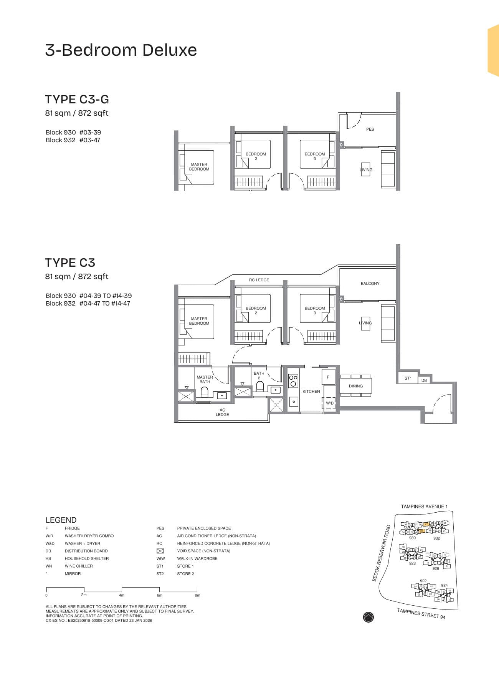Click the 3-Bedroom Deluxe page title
tap(121, 50)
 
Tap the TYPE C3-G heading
tap(77, 100)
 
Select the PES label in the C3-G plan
tap(370, 130)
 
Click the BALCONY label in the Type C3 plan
tap(370, 284)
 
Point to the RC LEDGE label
tap(259, 280)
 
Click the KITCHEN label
tap(311, 392)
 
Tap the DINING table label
tap(356, 386)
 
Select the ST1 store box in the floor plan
tap(408, 378)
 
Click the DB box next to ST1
tap(424, 380)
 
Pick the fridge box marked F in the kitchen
tap(328, 377)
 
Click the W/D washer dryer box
tap(330, 403)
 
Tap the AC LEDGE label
tap(222, 412)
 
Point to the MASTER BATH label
tap(205, 380)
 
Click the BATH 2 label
tap(259, 375)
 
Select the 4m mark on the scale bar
tap(122, 595)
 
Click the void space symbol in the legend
tap(160, 551)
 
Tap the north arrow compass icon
tap(368, 617)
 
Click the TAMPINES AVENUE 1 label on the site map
tap(424, 507)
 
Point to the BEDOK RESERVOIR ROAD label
tap(381, 553)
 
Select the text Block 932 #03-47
tap(73, 140)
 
